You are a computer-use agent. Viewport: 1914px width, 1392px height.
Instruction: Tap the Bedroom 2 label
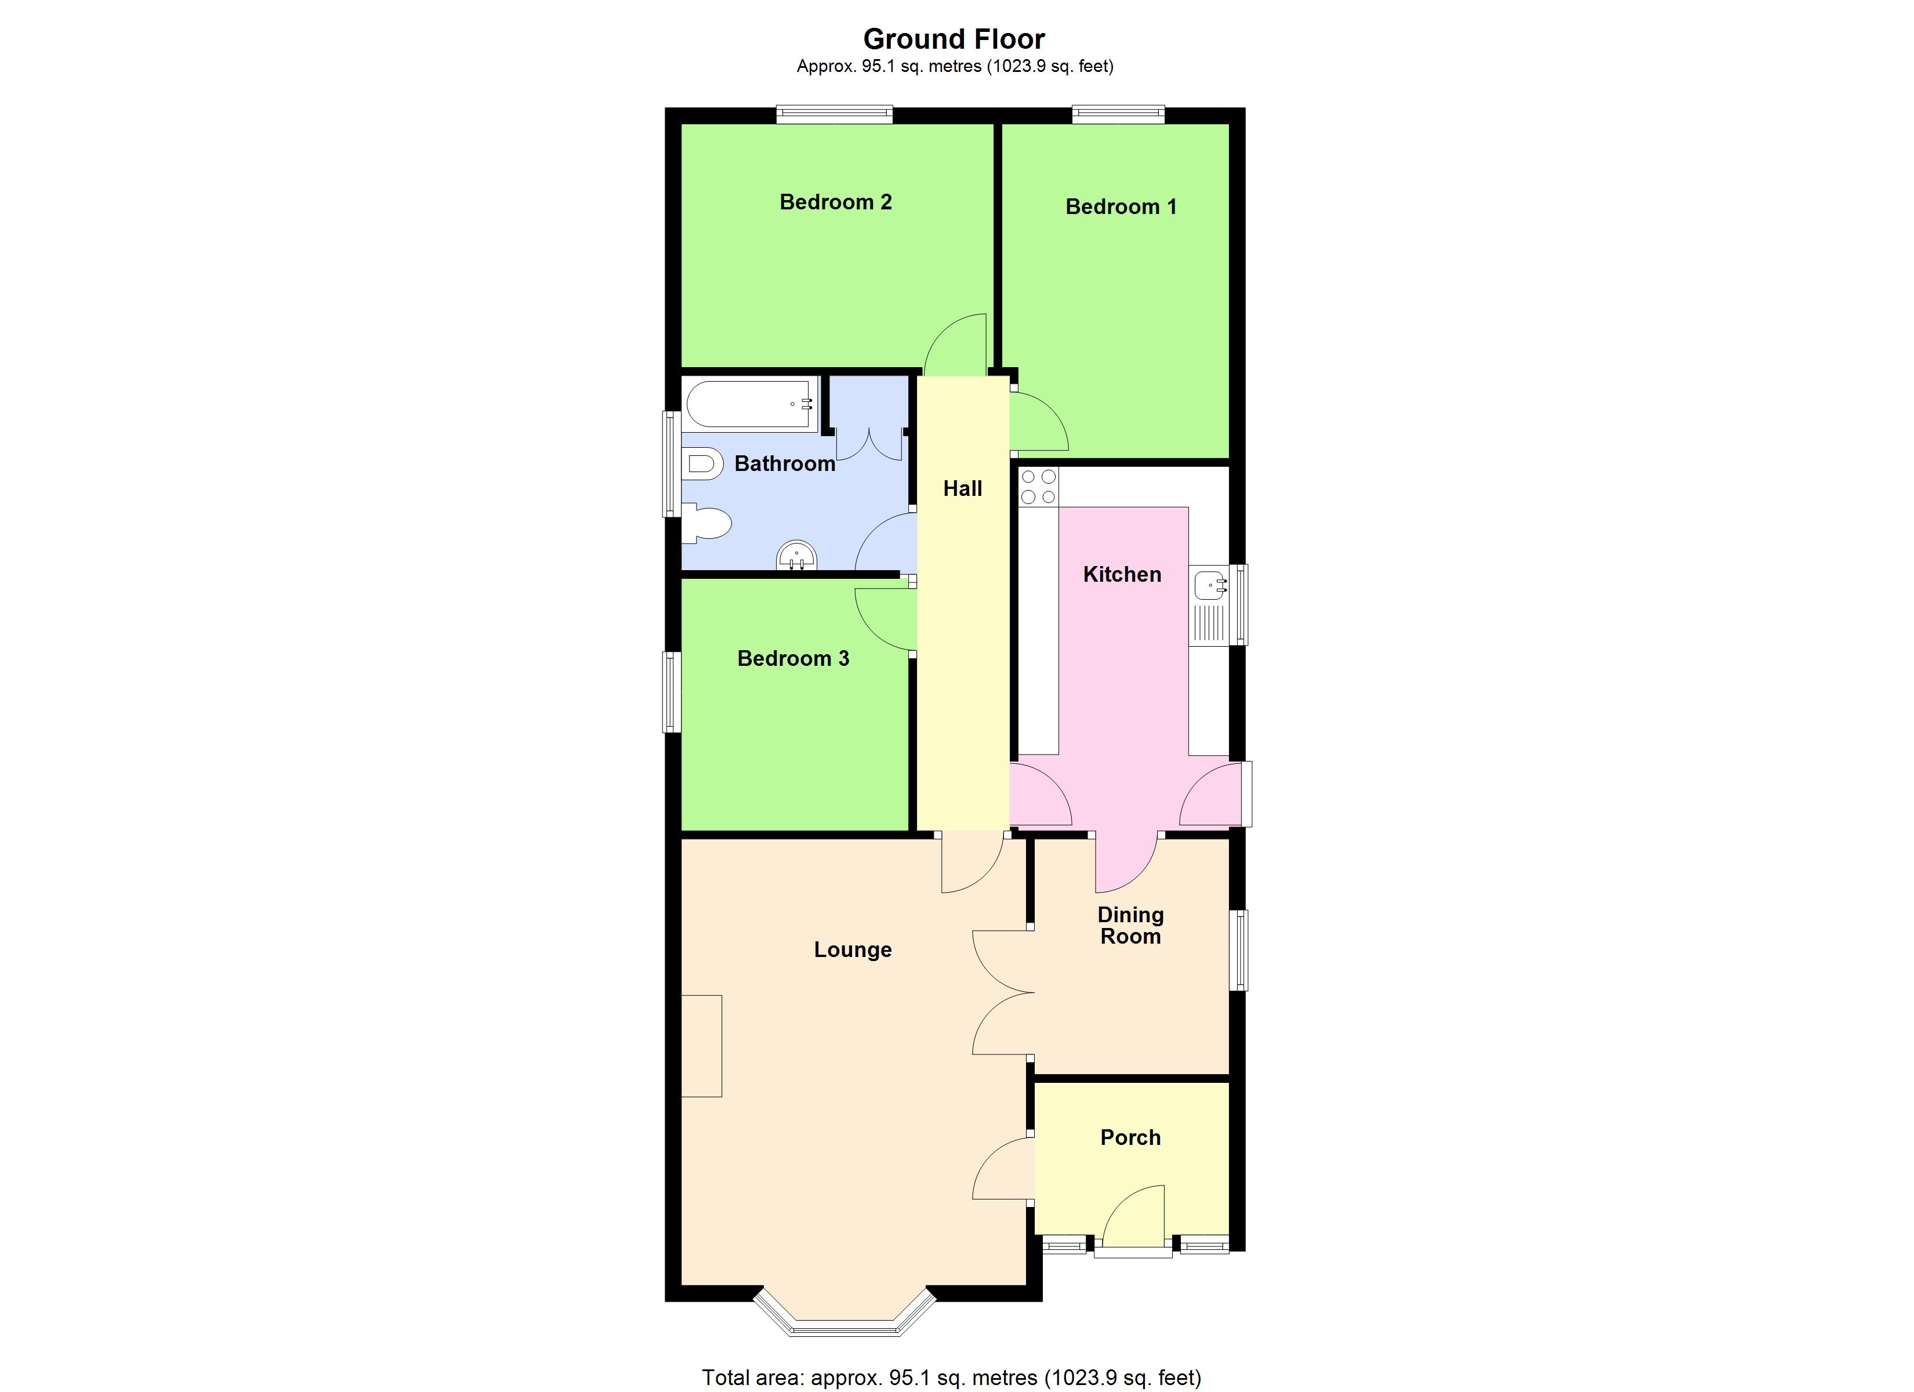click(835, 202)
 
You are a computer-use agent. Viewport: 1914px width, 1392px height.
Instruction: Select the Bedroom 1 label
click(1121, 207)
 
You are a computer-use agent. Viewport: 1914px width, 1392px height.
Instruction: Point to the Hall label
click(962, 489)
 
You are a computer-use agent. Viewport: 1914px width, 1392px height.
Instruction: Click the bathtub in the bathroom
click(749, 404)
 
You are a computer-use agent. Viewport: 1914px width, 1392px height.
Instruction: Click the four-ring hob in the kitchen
click(1038, 487)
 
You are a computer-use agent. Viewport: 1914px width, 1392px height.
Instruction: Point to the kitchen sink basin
click(1210, 584)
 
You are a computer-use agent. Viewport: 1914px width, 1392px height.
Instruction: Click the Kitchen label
click(1122, 575)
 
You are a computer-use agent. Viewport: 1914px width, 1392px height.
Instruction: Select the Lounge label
click(853, 949)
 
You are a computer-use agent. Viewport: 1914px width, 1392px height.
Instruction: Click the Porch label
click(1130, 1138)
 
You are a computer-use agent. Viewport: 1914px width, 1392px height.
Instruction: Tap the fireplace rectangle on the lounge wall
click(701, 1046)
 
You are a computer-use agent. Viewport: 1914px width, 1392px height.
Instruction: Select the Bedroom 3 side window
click(672, 691)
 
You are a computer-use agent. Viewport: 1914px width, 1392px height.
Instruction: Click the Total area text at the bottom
click(951, 1377)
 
